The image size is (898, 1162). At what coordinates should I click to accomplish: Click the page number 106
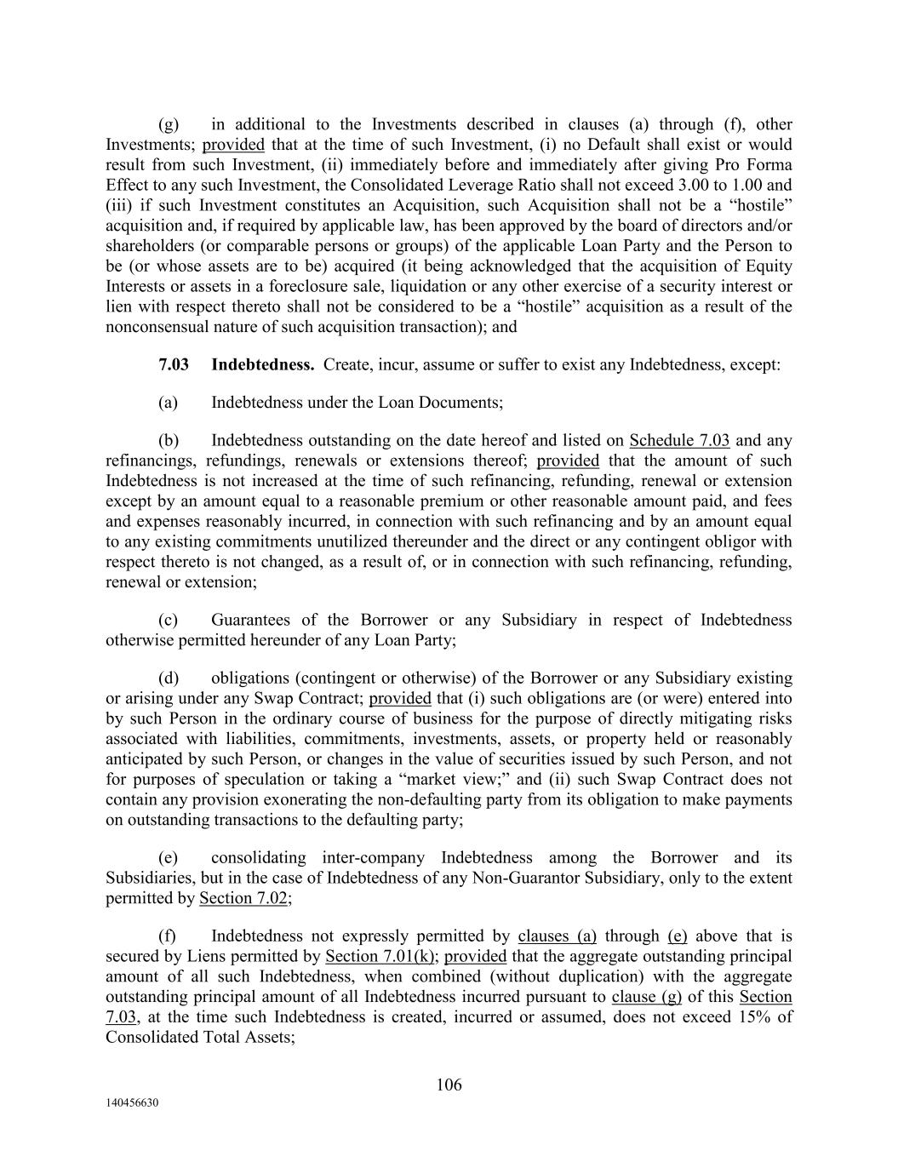click(449, 1085)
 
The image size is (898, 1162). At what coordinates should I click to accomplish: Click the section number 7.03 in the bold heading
click(174, 364)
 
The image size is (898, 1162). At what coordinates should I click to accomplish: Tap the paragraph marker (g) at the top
click(168, 124)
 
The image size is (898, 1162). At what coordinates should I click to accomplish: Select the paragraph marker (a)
click(168, 402)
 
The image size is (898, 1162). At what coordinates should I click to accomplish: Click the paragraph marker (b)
click(168, 440)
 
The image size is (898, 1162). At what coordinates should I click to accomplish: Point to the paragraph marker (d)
click(168, 678)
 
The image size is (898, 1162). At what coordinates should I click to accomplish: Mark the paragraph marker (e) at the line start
click(168, 857)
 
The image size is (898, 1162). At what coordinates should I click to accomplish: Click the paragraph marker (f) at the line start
click(168, 936)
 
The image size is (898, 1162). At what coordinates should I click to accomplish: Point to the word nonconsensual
click(158, 326)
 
